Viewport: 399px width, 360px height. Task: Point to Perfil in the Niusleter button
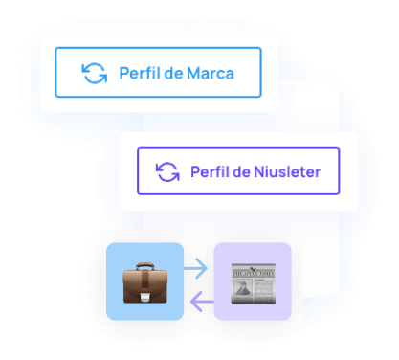coord(211,172)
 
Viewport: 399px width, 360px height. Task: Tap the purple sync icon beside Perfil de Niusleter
coord(167,172)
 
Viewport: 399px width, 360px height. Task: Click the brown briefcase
coord(145,282)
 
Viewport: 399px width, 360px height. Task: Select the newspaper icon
coord(252,282)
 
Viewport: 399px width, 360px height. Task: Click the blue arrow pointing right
coord(198,270)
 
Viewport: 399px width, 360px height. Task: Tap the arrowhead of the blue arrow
coord(206,270)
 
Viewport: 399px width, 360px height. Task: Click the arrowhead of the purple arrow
coord(192,303)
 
